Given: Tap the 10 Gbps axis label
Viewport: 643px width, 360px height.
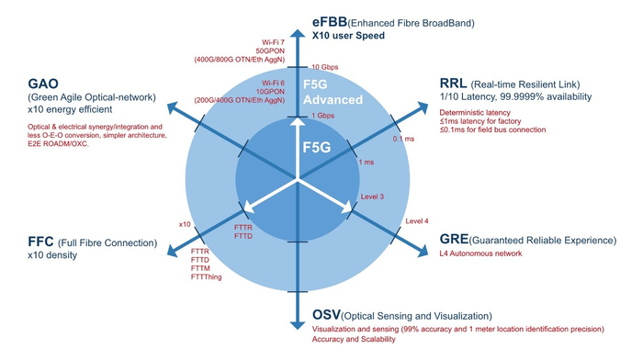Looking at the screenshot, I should [x=326, y=67].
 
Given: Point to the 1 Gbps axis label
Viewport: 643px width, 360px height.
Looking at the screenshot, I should [x=323, y=116].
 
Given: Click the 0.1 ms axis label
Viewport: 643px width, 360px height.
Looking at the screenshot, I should [x=401, y=140].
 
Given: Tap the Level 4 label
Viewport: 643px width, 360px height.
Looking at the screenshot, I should [x=416, y=221].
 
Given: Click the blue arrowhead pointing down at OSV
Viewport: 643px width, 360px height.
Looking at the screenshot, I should [x=296, y=323].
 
